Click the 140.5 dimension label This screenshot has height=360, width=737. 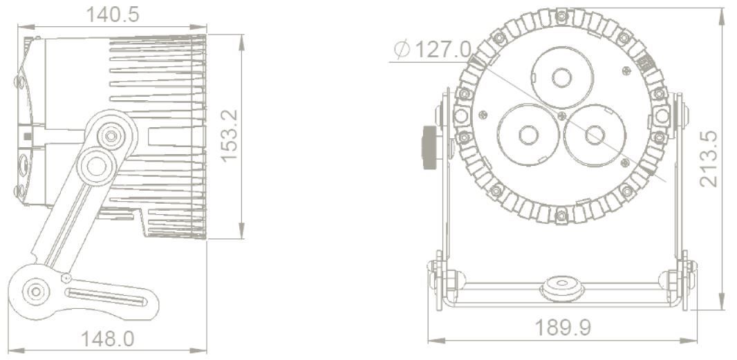click(112, 15)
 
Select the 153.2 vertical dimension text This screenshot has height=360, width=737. click(230, 136)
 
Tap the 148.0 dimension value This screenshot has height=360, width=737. click(108, 339)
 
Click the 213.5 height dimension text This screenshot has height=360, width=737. click(709, 158)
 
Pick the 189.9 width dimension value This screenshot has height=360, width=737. click(563, 328)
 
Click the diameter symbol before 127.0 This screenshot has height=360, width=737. click(402, 49)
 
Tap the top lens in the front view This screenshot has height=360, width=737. click(562, 77)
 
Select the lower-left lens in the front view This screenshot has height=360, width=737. click(528, 135)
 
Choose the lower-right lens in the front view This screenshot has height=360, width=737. click(595, 135)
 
